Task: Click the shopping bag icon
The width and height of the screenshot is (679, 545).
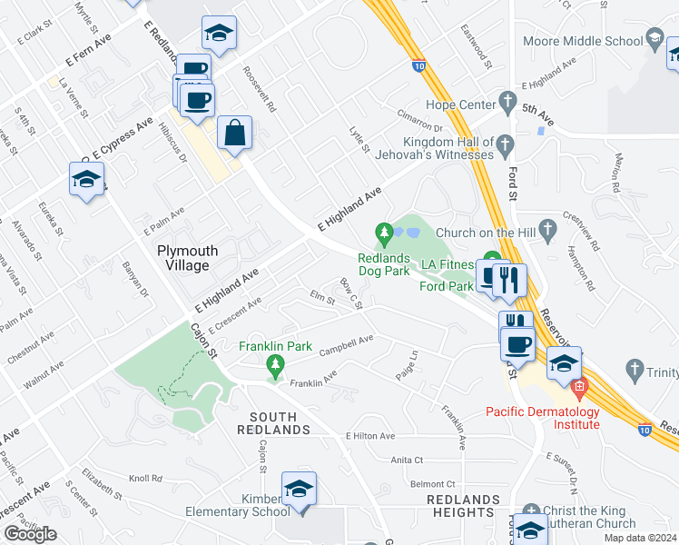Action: tap(234, 133)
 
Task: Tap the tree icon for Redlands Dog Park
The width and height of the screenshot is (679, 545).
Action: tap(386, 235)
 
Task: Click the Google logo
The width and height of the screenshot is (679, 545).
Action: tap(31, 533)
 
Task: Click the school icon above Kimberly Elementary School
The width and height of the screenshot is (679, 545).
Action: tap(298, 489)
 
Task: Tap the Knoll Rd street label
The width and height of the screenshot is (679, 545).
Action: tap(144, 478)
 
